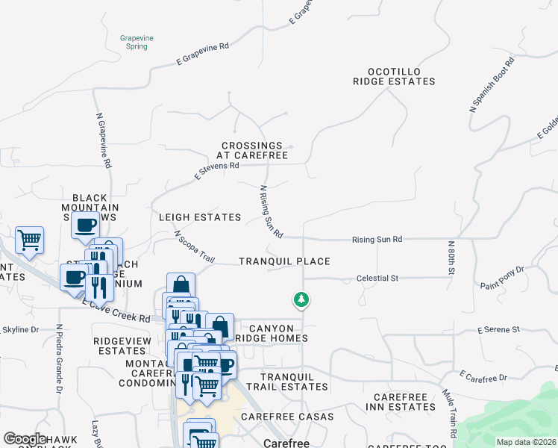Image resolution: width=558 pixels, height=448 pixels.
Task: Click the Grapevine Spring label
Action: click(x=134, y=41)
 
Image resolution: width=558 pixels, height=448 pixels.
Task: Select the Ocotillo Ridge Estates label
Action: click(x=394, y=76)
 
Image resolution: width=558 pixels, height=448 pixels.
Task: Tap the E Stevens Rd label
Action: click(x=216, y=172)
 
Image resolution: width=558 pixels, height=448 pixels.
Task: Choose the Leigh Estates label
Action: click(x=200, y=217)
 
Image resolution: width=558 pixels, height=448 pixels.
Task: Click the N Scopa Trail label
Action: click(x=194, y=246)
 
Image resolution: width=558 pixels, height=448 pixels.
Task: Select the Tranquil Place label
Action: click(x=284, y=261)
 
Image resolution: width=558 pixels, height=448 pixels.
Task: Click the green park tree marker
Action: click(x=301, y=300)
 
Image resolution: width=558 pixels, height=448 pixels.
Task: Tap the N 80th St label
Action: click(x=451, y=258)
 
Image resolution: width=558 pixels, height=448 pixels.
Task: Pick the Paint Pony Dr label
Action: click(x=502, y=277)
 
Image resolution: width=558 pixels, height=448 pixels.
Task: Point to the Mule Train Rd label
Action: click(x=451, y=412)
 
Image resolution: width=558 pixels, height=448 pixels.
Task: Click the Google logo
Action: click(x=25, y=439)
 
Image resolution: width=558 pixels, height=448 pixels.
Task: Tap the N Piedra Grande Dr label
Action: click(x=58, y=358)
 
